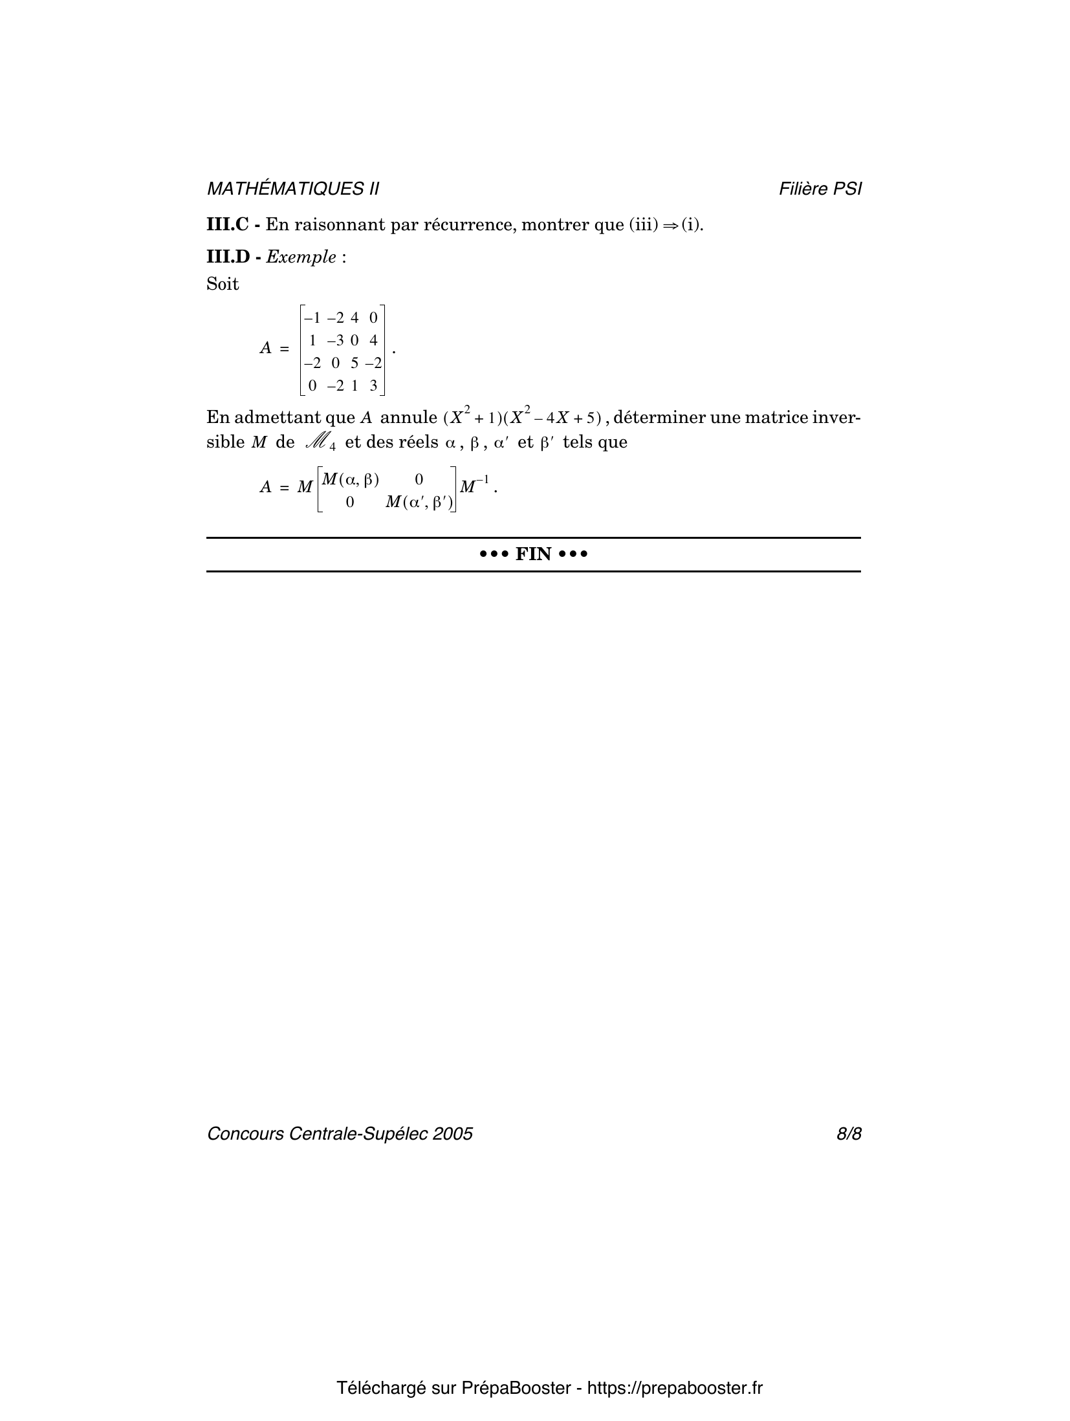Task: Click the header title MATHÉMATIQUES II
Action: [292, 189]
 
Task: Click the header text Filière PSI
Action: [820, 189]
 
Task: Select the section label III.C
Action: [227, 225]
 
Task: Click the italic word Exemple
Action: [301, 257]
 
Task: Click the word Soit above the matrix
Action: [223, 284]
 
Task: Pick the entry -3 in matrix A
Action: [335, 340]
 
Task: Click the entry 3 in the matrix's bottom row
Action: [373, 386]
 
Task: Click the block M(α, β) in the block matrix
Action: [350, 479]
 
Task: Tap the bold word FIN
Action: [533, 554]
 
